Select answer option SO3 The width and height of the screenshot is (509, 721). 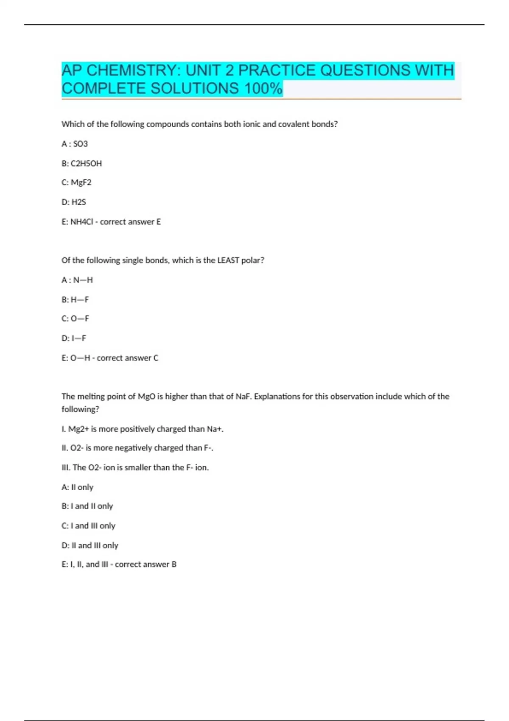(x=81, y=144)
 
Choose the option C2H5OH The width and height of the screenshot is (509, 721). (x=86, y=163)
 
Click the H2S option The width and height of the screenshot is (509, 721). (x=79, y=202)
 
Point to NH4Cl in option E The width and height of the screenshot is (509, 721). (x=81, y=222)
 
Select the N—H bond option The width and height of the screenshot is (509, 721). (x=83, y=280)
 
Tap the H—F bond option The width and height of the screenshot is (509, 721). (x=80, y=299)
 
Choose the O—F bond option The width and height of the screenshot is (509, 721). (x=80, y=319)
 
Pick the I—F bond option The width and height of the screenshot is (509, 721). (x=79, y=338)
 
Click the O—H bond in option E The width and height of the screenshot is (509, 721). (x=81, y=358)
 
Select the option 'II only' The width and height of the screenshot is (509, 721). (x=82, y=487)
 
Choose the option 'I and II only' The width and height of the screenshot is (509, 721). (x=92, y=506)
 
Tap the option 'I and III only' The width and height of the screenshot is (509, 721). (x=93, y=525)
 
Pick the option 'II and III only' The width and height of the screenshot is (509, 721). (x=95, y=545)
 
